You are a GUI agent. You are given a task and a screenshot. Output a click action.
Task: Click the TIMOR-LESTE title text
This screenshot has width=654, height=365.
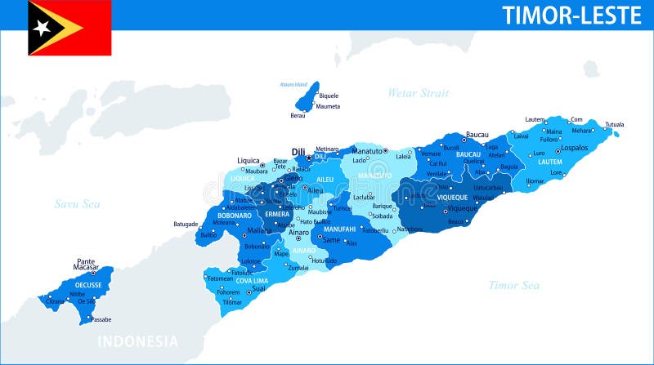pyautogui.click(x=571, y=15)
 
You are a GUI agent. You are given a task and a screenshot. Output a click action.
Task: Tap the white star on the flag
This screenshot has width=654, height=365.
pyautogui.click(x=42, y=27)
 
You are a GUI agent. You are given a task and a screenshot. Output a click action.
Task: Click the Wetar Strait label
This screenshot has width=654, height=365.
pyautogui.click(x=419, y=93)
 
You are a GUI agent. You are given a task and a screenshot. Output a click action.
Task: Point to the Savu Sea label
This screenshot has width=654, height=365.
pyautogui.click(x=77, y=203)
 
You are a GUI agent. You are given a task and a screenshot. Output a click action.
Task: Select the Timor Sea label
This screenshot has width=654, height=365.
pyautogui.click(x=513, y=285)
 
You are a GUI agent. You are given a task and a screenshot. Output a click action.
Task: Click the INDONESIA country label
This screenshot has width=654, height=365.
pyautogui.click(x=137, y=341)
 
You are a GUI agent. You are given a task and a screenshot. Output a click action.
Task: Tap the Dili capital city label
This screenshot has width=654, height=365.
pyautogui.click(x=298, y=152)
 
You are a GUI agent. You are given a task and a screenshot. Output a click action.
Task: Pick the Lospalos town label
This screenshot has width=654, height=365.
pyautogui.click(x=574, y=148)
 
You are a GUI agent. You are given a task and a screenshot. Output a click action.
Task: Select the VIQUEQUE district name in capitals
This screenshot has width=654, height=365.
pyautogui.click(x=452, y=197)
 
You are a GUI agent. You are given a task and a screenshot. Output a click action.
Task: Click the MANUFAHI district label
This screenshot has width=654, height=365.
pyautogui.click(x=339, y=229)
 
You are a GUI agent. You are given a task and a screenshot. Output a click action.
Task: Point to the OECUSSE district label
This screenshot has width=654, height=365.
pyautogui.click(x=88, y=285)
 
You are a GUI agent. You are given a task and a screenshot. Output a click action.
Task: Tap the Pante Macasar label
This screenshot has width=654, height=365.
pyautogui.click(x=86, y=265)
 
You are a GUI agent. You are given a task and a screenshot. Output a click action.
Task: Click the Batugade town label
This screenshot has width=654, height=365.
pyautogui.click(x=186, y=224)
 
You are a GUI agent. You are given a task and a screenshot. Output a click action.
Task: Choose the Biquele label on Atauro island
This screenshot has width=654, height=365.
pyautogui.click(x=329, y=96)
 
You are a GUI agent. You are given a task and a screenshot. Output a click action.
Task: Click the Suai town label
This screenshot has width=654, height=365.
pyautogui.click(x=259, y=288)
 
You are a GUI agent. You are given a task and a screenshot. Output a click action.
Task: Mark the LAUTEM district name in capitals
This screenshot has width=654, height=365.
pyautogui.click(x=550, y=162)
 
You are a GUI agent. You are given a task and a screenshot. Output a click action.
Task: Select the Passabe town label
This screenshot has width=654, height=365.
pyautogui.click(x=101, y=319)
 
